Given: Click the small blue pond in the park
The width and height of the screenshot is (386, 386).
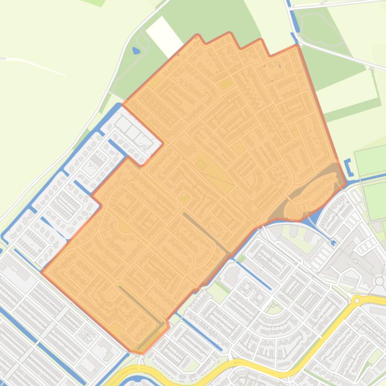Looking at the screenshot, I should [136, 51].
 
